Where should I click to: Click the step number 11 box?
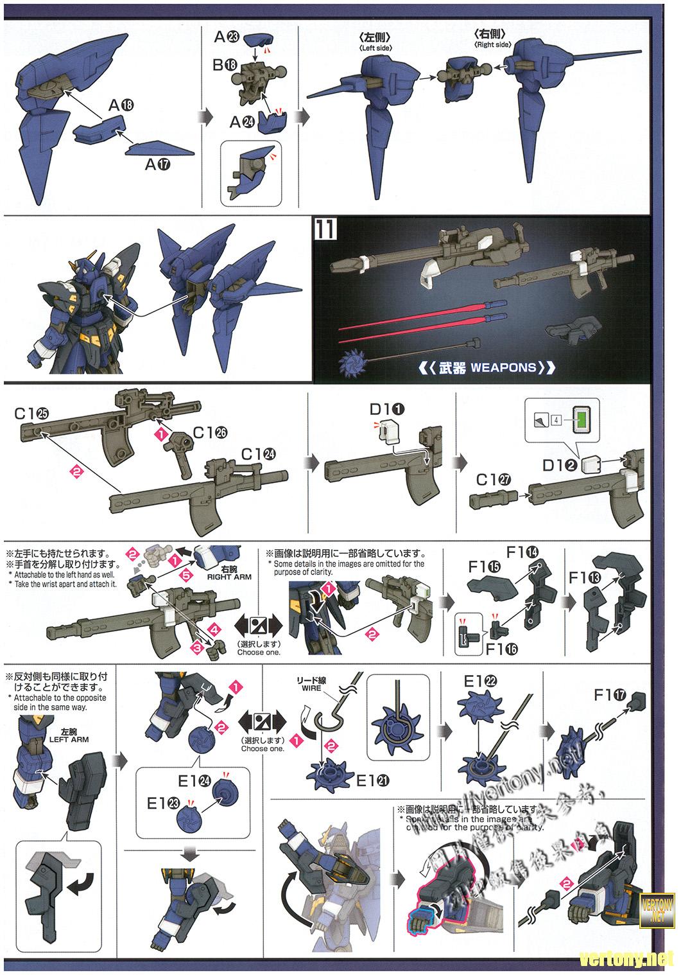pos(325,229)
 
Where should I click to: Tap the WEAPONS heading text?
pos(487,368)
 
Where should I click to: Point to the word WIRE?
pos(311,687)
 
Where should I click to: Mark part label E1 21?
pos(370,781)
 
